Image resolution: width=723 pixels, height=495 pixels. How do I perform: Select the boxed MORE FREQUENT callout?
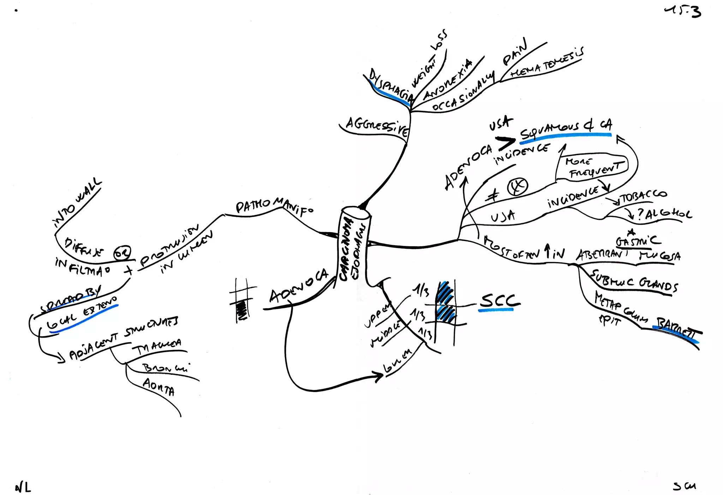pos(593,167)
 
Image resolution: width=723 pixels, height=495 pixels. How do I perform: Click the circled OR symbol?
pos(122,253)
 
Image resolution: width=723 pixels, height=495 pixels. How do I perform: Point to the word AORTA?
pos(159,387)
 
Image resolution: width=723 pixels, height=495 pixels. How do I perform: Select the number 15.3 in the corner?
pos(683,12)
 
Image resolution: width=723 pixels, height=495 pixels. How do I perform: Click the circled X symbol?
pos(518,187)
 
